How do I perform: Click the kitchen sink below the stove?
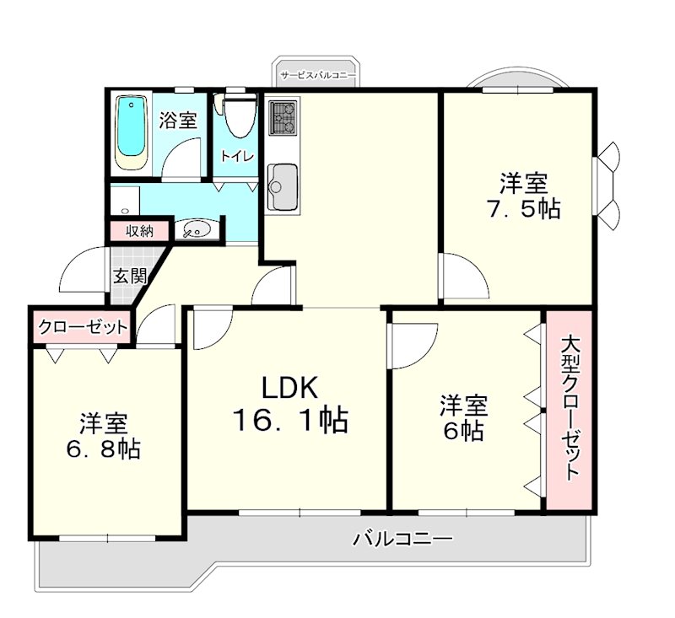282,185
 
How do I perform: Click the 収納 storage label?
140,230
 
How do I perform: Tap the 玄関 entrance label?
131,275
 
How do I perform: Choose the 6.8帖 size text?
104,448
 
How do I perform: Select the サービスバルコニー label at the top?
317,75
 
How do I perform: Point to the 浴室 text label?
178,121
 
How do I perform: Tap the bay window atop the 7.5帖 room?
512,82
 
